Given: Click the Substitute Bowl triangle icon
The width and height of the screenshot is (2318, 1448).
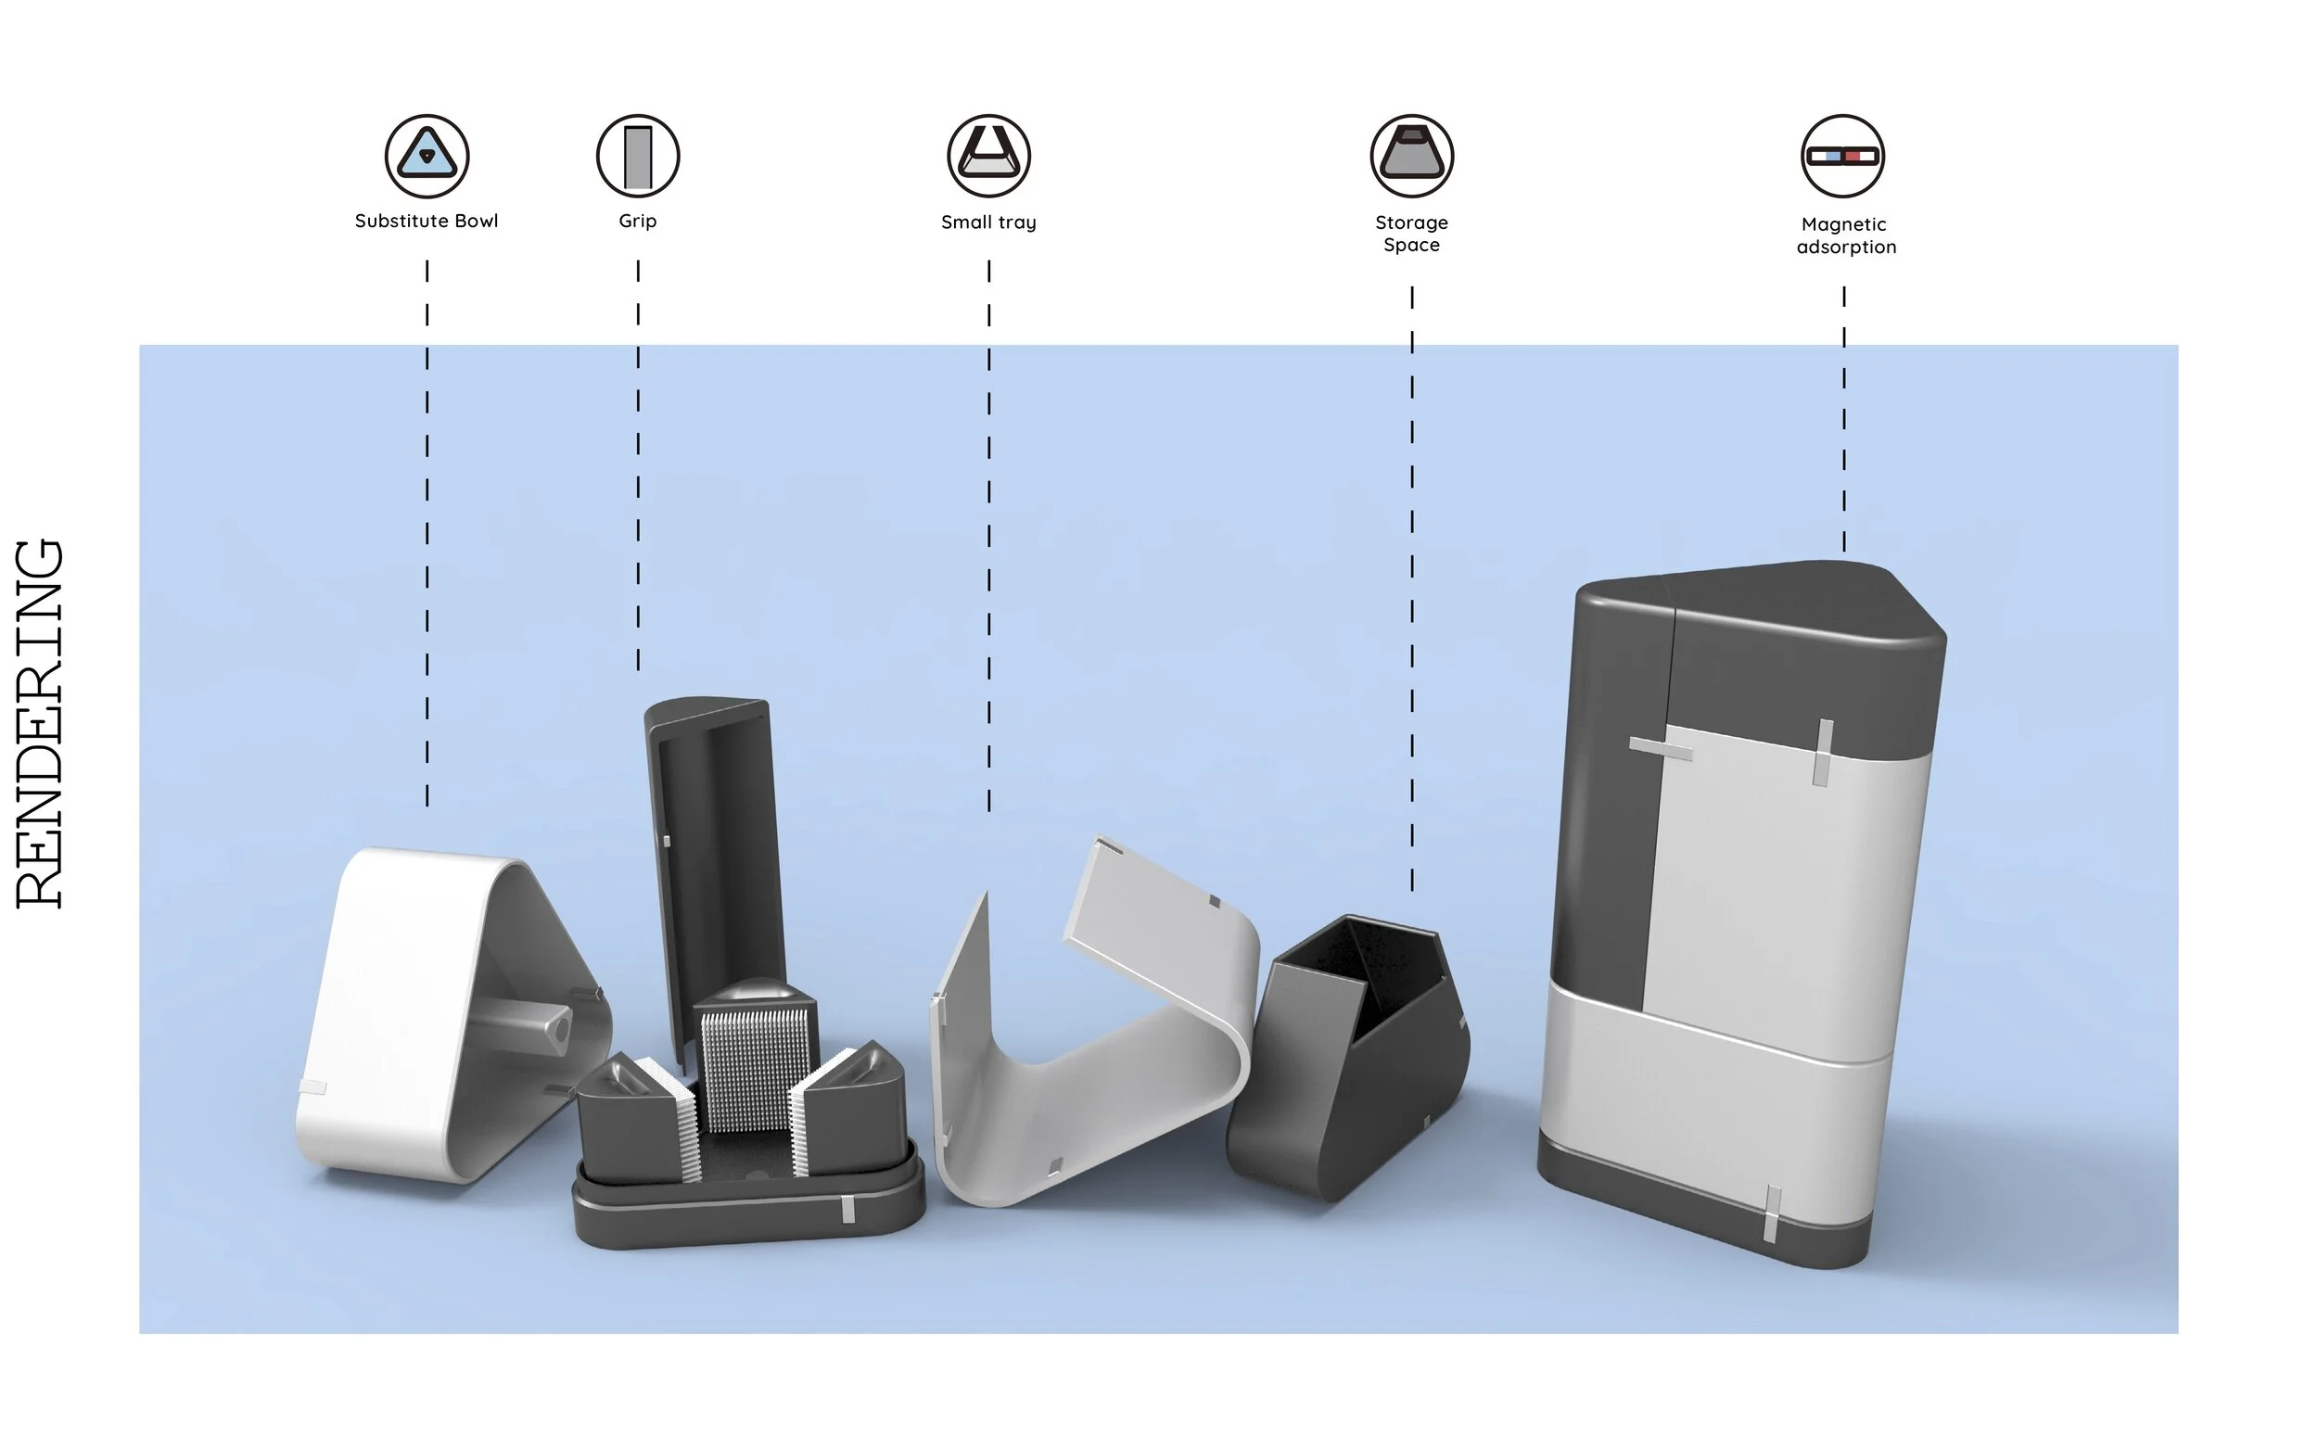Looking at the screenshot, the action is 427,156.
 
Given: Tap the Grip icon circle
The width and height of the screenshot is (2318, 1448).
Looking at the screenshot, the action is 638,156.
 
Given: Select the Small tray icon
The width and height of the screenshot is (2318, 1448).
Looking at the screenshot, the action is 988,156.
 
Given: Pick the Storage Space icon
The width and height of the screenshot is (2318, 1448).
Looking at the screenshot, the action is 1412,156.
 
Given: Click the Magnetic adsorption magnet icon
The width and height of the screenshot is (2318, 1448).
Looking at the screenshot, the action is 1843,156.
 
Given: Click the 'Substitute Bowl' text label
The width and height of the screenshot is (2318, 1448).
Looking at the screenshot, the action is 427,222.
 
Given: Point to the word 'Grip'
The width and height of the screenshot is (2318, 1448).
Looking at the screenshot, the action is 638,222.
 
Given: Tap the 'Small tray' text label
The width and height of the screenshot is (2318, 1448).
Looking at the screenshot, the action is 988,222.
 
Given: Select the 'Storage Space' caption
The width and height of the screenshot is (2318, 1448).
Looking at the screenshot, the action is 1412,234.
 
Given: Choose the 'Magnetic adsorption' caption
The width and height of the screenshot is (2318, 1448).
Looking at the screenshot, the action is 1846,235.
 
